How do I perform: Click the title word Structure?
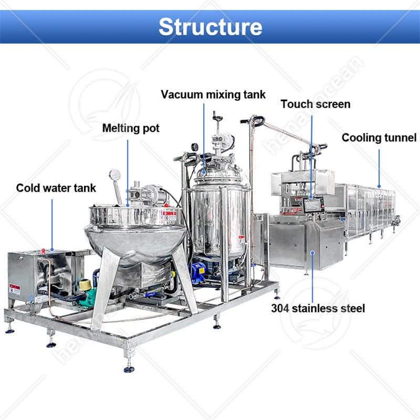(210, 26)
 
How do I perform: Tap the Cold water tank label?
(56, 187)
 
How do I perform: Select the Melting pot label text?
(131, 128)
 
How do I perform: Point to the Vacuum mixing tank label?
(213, 95)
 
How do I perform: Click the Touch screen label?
(315, 104)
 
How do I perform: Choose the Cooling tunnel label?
(379, 138)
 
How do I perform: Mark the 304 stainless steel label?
(318, 308)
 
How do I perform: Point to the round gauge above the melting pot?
(114, 175)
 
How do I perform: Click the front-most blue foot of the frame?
(129, 369)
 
